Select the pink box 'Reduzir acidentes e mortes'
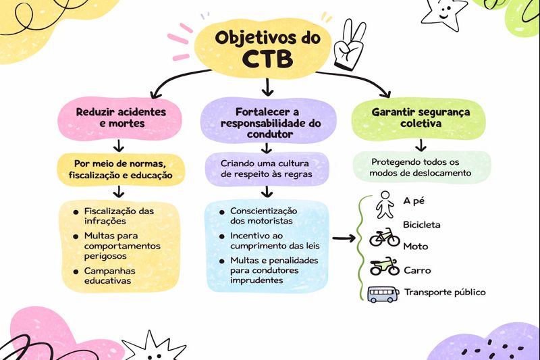coord(120,118)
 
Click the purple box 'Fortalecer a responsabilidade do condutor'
coord(268,122)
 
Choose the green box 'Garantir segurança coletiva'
coord(420,118)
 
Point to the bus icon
coord(383,294)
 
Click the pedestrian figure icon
coord(385,204)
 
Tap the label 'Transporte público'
coord(445,292)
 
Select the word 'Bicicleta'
coord(422,224)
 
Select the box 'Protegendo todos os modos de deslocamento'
coord(420,167)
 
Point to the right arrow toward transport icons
coord(344,238)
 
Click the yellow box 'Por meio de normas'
coord(120,169)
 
